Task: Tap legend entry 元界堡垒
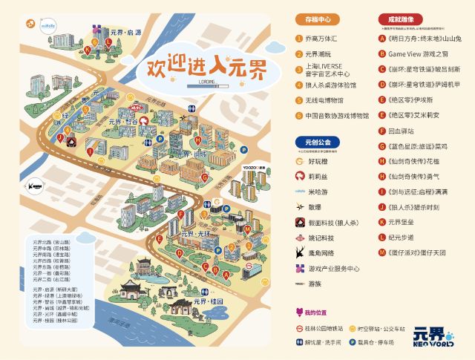[401, 222]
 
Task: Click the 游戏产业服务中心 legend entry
[333, 269]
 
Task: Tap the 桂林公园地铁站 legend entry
[324, 327]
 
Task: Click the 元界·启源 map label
[125, 33]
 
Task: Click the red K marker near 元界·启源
[87, 50]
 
